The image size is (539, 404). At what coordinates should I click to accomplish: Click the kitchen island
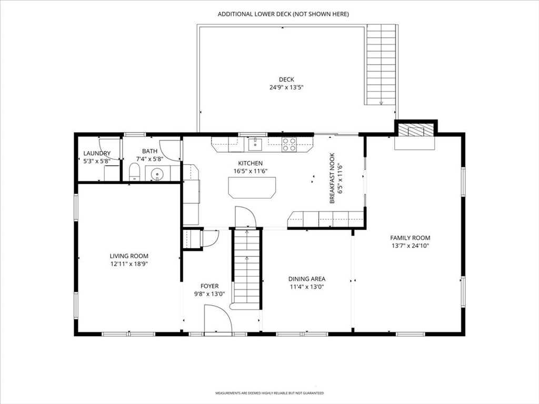(x=252, y=187)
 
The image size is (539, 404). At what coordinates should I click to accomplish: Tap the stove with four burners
(x=289, y=144)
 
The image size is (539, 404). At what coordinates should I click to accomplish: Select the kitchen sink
(x=255, y=143)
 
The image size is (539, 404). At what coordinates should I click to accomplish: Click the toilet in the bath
(x=134, y=172)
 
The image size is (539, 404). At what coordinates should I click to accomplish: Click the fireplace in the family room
(x=416, y=130)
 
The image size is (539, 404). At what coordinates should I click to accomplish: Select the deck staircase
(x=381, y=66)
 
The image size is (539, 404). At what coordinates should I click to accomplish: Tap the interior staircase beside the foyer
(x=247, y=268)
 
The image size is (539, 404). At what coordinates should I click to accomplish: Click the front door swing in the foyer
(x=217, y=320)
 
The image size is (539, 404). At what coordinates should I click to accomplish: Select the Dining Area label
(x=306, y=279)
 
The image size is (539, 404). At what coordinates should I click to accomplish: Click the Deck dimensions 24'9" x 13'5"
(x=286, y=87)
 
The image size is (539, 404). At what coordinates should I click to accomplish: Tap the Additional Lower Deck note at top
(x=283, y=14)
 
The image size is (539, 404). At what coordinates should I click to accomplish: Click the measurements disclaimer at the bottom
(x=269, y=393)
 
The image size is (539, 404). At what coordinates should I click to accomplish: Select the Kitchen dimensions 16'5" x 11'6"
(x=250, y=171)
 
